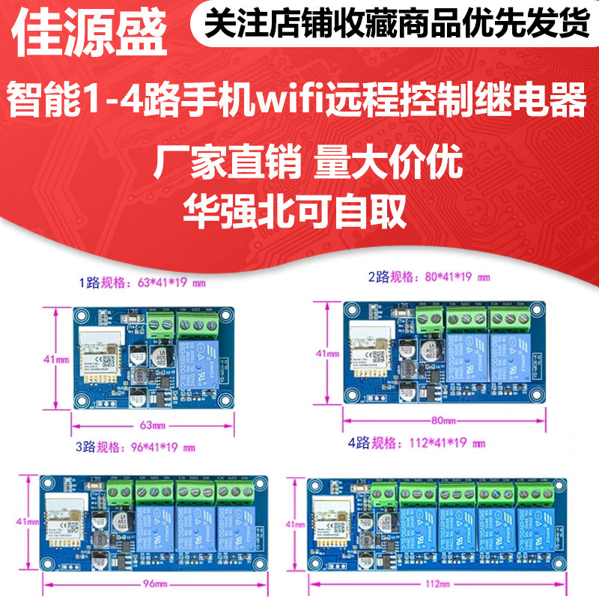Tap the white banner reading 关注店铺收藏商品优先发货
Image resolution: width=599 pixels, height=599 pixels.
pyautogui.click(x=397, y=25)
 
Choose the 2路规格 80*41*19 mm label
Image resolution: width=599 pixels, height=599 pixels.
pyautogui.click(x=429, y=277)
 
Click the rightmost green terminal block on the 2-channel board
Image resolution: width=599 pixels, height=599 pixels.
pyautogui.click(x=509, y=320)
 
